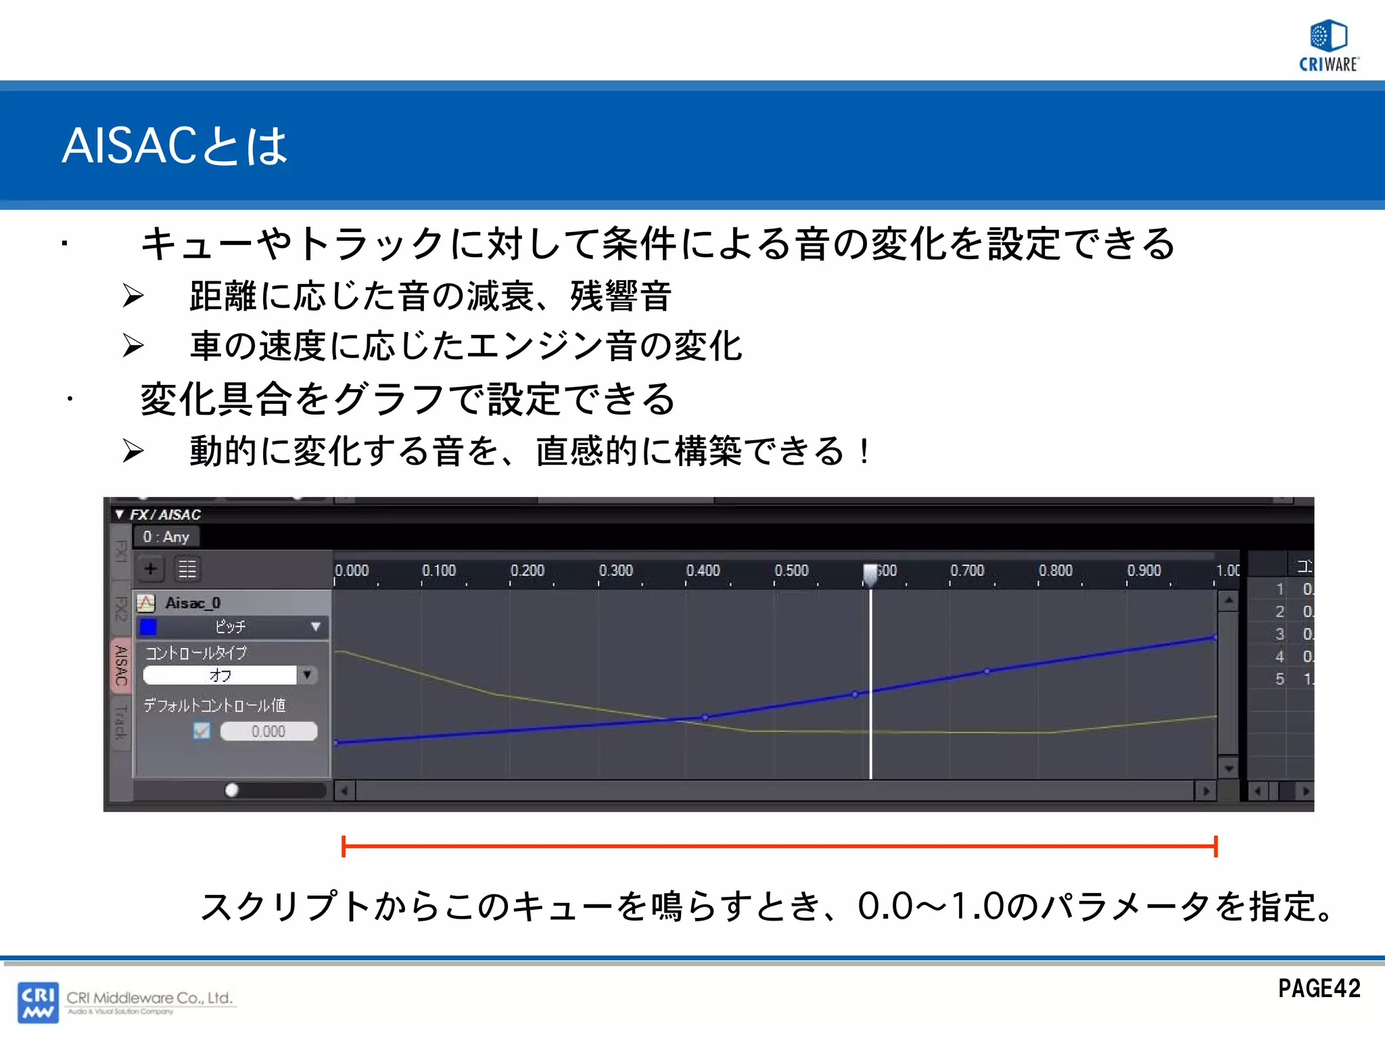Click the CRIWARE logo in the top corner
point(1328,45)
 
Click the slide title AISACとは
point(174,145)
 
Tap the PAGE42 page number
point(1319,988)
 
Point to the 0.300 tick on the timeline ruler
point(615,571)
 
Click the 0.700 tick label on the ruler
point(967,571)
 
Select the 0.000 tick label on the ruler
point(352,571)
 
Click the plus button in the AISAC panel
point(151,569)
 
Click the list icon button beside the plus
point(187,569)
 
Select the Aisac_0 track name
point(193,603)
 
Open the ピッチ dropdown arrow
point(315,626)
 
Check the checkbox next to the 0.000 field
point(202,731)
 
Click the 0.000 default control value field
point(268,731)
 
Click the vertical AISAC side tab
point(121,665)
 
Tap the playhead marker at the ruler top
point(870,572)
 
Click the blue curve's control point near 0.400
point(705,717)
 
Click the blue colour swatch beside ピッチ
point(148,627)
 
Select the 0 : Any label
point(166,537)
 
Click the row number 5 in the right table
point(1280,678)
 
